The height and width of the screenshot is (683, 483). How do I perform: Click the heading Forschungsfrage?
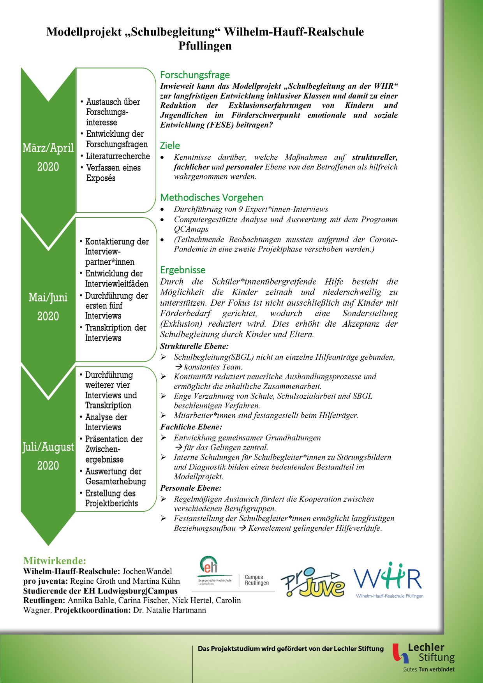coord(195,75)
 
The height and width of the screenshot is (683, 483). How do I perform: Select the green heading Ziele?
coord(170,146)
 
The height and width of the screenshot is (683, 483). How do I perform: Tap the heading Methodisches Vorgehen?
coord(212,197)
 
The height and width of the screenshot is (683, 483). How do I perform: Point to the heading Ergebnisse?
coord(183,270)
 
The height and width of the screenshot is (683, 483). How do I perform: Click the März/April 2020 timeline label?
coord(48,157)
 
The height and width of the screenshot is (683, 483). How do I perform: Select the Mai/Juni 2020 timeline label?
coord(48,306)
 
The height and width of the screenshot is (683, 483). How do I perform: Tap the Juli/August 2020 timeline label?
coord(48,456)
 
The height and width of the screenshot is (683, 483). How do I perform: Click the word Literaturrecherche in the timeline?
coord(118,156)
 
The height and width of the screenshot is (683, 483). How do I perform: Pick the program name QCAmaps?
coord(191,229)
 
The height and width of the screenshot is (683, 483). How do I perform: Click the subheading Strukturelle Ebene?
coord(194,346)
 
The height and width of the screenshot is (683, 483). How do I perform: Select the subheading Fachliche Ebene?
coord(191,427)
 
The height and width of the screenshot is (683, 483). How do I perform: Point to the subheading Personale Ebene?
coord(191,488)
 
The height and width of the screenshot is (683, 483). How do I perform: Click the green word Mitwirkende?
coord(55,561)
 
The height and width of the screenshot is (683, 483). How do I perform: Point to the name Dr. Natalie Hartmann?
coord(169,610)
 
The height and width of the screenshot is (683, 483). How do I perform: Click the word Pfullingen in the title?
coord(205,46)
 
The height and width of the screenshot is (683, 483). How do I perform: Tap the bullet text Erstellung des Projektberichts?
coord(111,498)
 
